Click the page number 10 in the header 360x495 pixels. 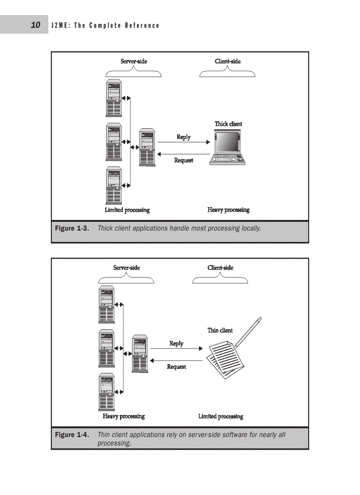pyautogui.click(x=36, y=25)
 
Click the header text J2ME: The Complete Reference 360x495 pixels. pyautogui.click(x=105, y=26)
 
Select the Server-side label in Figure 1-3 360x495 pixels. pyautogui.click(x=134, y=61)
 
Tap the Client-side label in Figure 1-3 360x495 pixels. pyautogui.click(x=228, y=61)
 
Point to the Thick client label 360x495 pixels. pyautogui.click(x=228, y=124)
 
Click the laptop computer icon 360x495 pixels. pyautogui.click(x=228, y=148)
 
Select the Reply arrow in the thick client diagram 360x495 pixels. pyautogui.click(x=184, y=142)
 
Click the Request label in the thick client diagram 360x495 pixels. pyautogui.click(x=184, y=160)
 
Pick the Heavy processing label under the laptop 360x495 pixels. pyautogui.click(x=228, y=210)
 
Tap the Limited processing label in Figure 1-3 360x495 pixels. pyautogui.click(x=127, y=210)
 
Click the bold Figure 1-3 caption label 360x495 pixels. pyautogui.click(x=72, y=228)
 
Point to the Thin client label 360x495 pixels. pyautogui.click(x=220, y=330)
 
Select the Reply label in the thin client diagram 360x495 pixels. pyautogui.click(x=176, y=343)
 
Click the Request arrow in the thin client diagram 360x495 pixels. pyautogui.click(x=176, y=361)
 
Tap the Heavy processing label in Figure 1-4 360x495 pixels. pyautogui.click(x=124, y=416)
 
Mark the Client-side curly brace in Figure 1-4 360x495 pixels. pyautogui.click(x=220, y=279)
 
